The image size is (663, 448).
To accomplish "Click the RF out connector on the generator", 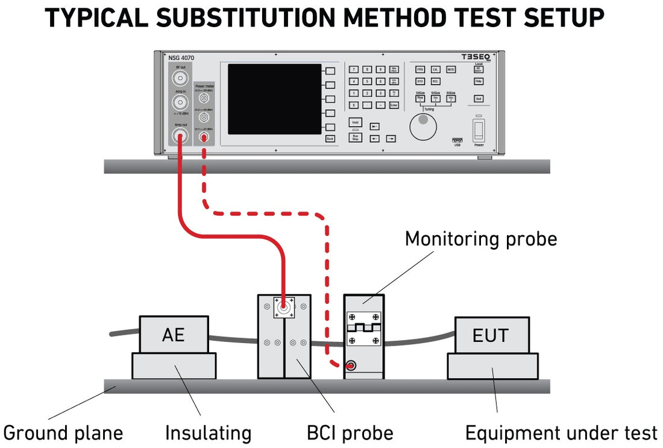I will click(180, 77).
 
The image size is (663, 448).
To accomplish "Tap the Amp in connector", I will click(180, 102).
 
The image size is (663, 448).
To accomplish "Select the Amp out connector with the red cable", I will click(180, 136).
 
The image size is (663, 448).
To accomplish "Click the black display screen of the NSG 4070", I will click(274, 99).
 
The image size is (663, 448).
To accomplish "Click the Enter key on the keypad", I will click(394, 105).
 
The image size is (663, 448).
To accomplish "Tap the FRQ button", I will click(420, 69).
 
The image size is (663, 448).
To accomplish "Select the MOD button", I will click(451, 69).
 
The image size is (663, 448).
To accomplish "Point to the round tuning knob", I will click(423, 125).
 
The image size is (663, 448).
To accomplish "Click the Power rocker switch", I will click(479, 131).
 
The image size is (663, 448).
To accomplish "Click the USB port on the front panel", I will click(457, 140).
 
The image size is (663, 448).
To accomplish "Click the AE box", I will click(174, 335).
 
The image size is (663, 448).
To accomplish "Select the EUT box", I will click(491, 335).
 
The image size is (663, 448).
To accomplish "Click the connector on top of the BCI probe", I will click(283, 309).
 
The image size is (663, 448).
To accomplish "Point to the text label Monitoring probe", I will click(480, 239).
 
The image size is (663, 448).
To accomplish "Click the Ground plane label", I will click(63, 432).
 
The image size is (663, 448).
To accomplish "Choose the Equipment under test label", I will click(561, 432).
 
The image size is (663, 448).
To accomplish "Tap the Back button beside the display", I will click(330, 139).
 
